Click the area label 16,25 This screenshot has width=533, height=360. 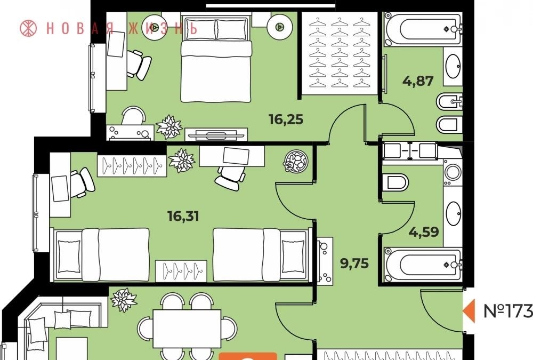pos(286,120)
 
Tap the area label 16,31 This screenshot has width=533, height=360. pos(183,217)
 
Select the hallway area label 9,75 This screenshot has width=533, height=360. pos(354,263)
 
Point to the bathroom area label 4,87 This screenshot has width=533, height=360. pos(418,81)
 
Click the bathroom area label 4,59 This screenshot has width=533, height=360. pos(424,232)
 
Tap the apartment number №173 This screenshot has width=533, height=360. pos(508,310)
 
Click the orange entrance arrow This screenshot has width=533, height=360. pos(470,311)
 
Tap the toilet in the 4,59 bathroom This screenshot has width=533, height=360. pos(395,183)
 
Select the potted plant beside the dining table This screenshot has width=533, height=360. pos(124,300)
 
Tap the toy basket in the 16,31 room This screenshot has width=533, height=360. pos(295,160)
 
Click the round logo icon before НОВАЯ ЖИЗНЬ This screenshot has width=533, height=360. pos(29,28)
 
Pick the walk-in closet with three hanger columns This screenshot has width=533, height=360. pos(340,53)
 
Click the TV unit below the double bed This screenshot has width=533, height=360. pos(216,134)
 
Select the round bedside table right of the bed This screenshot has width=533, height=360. pos(279,26)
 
